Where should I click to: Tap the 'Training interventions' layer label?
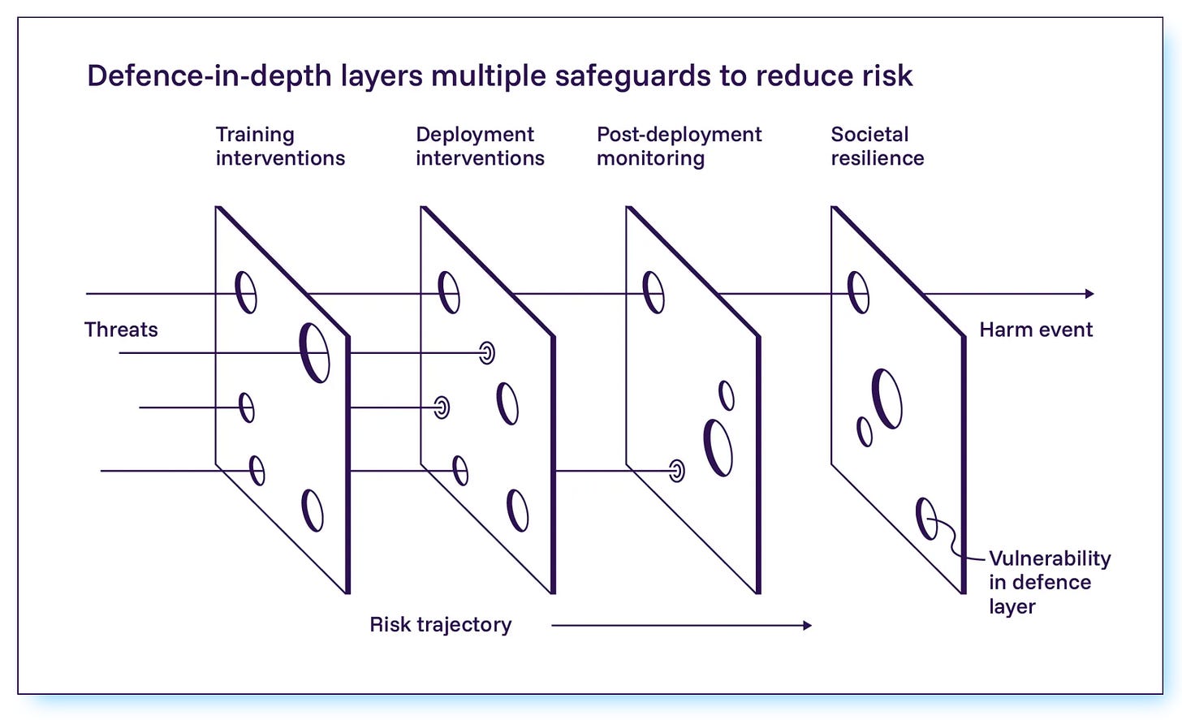click(x=280, y=146)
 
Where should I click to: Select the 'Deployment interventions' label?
click(x=480, y=146)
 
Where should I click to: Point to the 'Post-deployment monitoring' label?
click(x=679, y=146)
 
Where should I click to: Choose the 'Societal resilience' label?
click(x=877, y=146)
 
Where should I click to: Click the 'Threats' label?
click(x=121, y=330)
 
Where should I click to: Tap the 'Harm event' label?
click(x=1036, y=330)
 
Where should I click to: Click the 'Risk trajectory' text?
click(x=440, y=624)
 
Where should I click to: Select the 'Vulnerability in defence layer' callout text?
click(x=1049, y=582)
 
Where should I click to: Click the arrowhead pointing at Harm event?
click(x=1089, y=294)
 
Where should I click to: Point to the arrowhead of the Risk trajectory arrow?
click(x=807, y=625)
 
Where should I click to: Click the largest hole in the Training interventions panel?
click(x=314, y=352)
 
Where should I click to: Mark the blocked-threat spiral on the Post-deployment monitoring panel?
click(x=676, y=470)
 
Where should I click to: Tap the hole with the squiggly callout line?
click(x=926, y=519)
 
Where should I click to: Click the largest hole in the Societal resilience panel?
click(x=886, y=398)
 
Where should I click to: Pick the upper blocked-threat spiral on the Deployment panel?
click(x=486, y=352)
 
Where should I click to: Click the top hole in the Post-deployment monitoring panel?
click(x=653, y=292)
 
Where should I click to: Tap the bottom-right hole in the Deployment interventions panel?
click(x=517, y=510)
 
